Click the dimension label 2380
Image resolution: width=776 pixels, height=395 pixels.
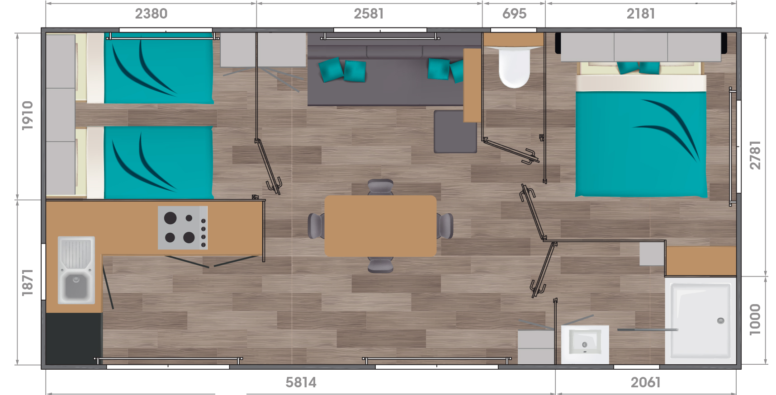(x=151, y=14)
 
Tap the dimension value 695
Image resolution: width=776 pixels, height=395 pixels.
(x=514, y=14)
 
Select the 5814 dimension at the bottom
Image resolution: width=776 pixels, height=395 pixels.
(x=301, y=382)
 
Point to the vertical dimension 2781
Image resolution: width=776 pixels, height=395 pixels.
(x=755, y=155)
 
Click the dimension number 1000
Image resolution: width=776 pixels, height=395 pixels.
(x=755, y=320)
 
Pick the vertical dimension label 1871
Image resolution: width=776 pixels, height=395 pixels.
(x=28, y=282)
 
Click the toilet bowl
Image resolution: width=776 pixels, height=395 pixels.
(x=514, y=67)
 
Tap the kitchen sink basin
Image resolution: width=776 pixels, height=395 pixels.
(x=76, y=286)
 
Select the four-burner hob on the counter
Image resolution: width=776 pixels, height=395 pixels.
(x=183, y=228)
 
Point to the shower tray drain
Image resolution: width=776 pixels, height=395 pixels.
(x=721, y=320)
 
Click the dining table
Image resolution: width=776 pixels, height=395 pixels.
(x=380, y=226)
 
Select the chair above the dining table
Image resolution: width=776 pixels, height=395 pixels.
(x=380, y=187)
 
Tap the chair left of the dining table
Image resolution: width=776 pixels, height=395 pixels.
(x=316, y=226)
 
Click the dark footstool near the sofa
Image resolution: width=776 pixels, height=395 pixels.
(x=455, y=132)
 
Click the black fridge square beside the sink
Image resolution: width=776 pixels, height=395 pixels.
(x=73, y=339)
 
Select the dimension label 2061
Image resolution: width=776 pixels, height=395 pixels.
(x=645, y=382)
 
